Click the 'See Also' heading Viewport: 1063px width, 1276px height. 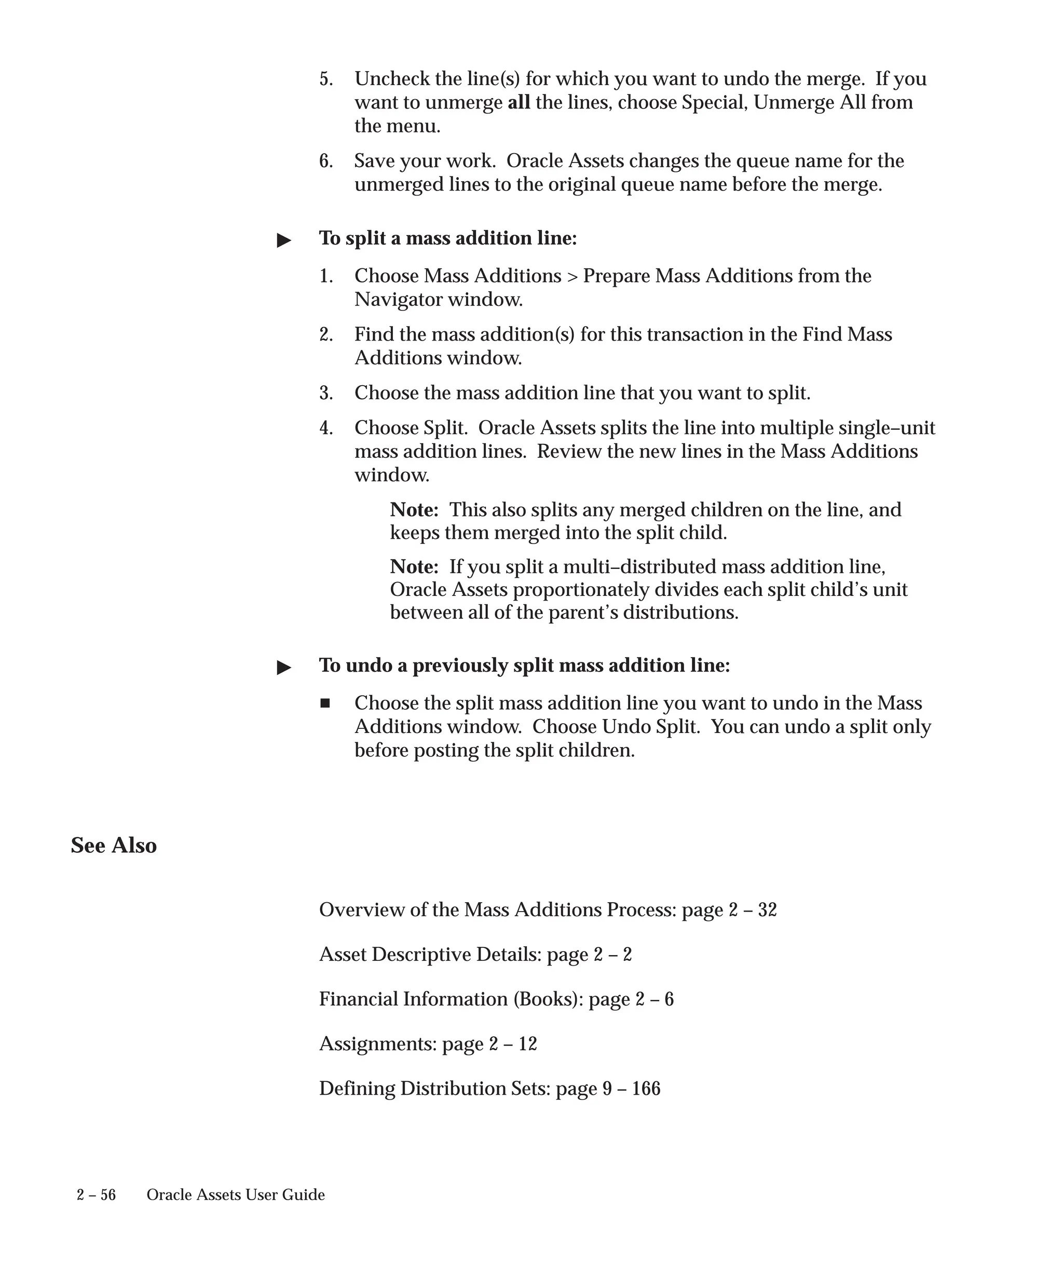pos(114,845)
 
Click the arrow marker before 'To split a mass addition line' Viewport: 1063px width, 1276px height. pos(284,241)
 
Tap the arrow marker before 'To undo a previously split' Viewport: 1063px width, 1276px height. pos(284,668)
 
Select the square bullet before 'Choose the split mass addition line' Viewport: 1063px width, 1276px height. pos(325,703)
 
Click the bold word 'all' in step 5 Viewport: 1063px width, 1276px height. pos(519,102)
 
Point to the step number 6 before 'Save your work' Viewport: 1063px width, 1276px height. pos(326,161)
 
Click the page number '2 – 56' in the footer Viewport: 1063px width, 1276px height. pos(96,1194)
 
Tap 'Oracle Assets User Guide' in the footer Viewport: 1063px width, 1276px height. pos(236,1194)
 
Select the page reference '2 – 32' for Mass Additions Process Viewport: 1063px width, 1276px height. pos(753,910)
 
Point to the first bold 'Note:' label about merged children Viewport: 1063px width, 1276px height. pos(414,509)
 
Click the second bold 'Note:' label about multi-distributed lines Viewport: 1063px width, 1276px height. pos(414,566)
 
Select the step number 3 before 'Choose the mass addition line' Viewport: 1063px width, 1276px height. pos(326,393)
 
